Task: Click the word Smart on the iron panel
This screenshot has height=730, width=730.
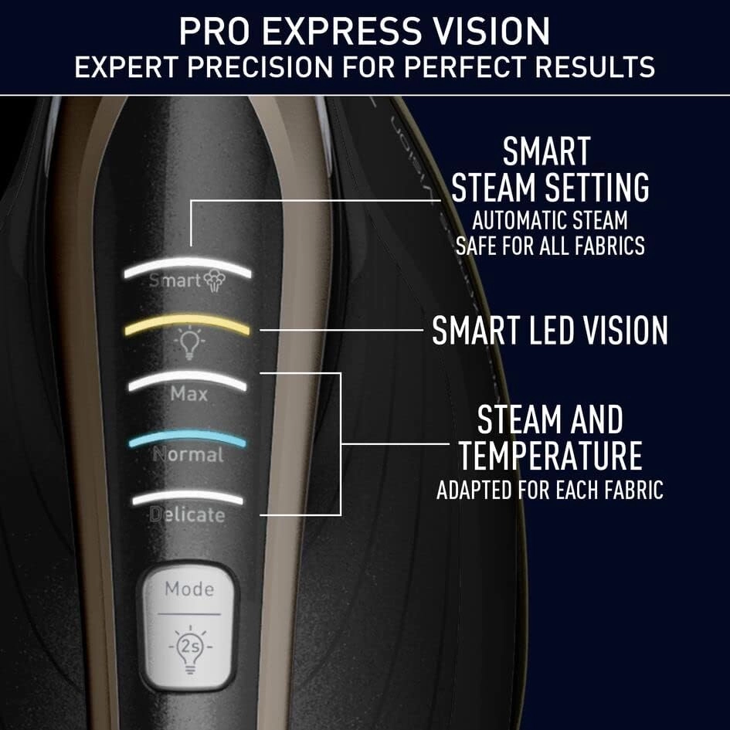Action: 175,280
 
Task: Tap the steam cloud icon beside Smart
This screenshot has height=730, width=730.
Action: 216,280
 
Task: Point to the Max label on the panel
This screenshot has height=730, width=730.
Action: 189,394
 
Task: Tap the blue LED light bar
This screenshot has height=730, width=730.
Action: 187,439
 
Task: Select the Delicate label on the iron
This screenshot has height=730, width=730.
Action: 187,514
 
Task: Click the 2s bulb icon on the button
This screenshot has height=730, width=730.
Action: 188,645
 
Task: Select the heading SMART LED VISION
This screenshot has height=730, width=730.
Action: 549,331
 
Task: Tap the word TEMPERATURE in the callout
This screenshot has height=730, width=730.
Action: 550,456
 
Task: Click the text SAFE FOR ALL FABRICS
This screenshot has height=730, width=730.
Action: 550,246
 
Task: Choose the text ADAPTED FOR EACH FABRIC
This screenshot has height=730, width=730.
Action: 550,491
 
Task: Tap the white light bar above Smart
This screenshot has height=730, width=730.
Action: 187,264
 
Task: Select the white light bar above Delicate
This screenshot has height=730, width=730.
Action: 187,497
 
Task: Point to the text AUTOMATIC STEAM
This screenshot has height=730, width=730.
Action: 550,221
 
